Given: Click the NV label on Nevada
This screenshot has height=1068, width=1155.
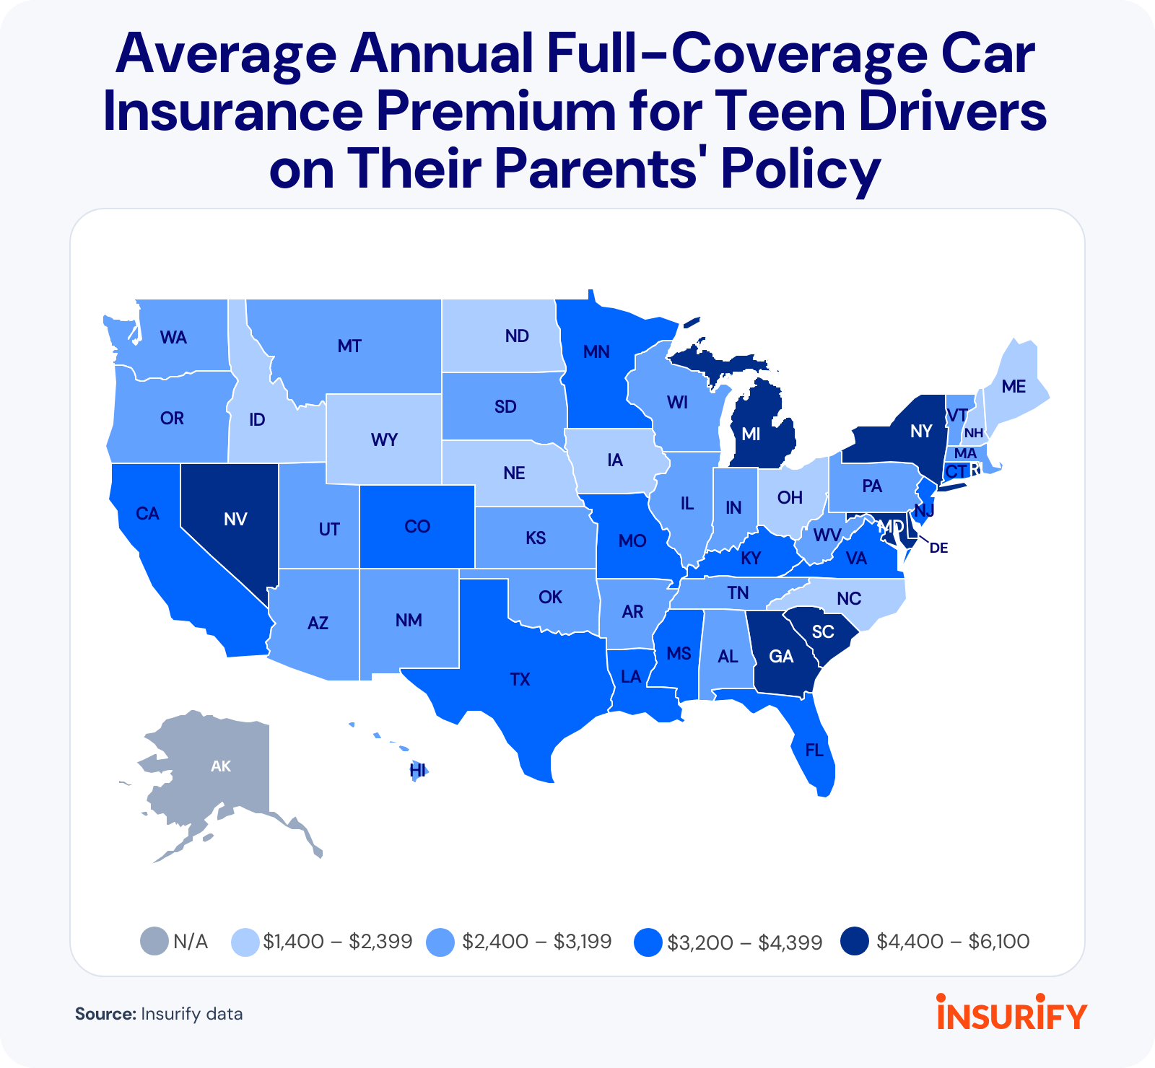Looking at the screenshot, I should pos(235,519).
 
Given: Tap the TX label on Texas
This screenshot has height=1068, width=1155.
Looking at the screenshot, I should pos(520,679).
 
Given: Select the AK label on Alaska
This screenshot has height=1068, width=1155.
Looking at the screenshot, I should pos(221,766).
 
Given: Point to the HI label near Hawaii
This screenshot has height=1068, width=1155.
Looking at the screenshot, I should pos(417,771).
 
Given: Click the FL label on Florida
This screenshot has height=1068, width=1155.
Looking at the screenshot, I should pos(814,750).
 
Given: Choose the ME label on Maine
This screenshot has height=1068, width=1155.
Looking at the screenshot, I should pos(1014,387).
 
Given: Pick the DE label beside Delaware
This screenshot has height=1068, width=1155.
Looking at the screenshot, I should pos(938,548).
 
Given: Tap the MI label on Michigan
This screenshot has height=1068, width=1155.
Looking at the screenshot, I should pos(751,434).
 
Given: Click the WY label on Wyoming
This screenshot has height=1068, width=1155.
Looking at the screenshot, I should pos(384,439).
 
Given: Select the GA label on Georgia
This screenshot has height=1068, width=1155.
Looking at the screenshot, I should pos(781,656).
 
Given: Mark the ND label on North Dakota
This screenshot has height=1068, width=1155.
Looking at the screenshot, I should pos(517,336).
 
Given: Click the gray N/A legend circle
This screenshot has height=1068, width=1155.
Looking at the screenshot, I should pos(154,942).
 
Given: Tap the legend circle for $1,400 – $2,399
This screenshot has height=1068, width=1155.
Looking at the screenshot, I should pos(245,942).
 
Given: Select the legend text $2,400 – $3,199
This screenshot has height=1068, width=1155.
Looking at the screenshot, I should pos(537,942).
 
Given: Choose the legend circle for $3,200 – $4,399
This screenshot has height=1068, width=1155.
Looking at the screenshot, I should pos(648,942).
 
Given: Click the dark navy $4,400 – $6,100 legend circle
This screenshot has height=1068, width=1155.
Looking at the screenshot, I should pos(855,942).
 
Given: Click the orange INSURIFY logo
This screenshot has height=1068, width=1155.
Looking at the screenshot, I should pos(1011,1013).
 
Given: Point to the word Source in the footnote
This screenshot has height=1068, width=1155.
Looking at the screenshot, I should pos(105,1014).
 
